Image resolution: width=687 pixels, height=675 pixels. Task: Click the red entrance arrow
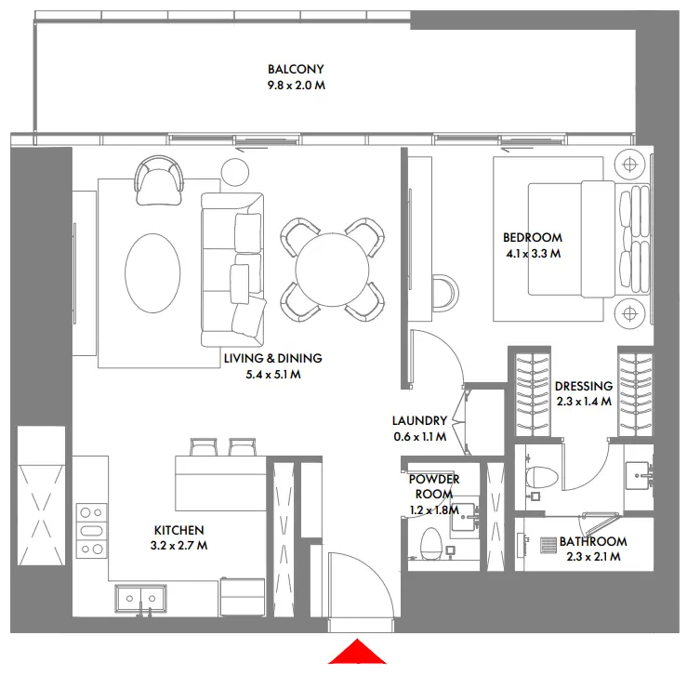coord(357,653)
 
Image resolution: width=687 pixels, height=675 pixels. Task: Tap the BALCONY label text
coord(296,70)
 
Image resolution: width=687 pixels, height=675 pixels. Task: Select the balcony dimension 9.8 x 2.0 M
coord(296,85)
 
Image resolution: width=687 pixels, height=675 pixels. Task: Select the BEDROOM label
coord(532,237)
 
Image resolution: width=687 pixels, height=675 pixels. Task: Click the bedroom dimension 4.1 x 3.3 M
coord(532,252)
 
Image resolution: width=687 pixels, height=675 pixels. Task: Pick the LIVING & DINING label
coord(272,358)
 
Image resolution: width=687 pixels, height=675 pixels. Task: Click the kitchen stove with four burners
coord(91,530)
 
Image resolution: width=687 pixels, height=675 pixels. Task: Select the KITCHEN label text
coord(178,530)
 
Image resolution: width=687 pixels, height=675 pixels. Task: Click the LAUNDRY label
coord(419,420)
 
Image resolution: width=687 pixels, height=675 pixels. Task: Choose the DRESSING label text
coord(583,387)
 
